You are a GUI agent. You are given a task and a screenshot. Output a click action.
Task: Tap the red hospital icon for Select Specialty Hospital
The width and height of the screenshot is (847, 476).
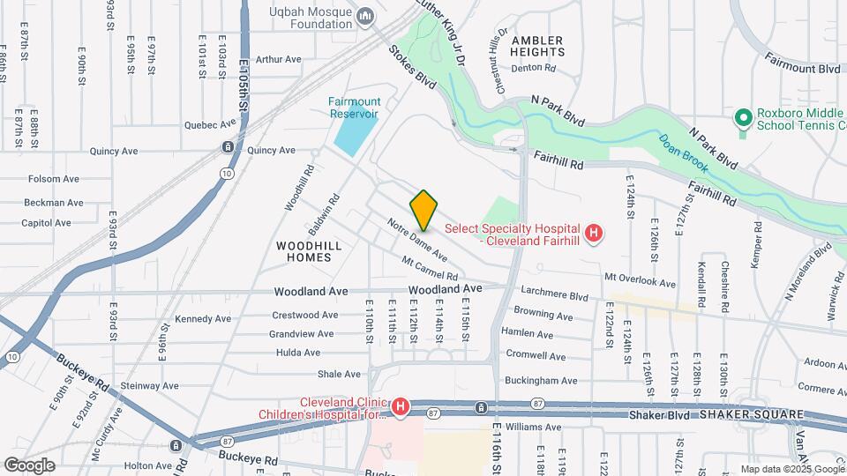tap(594, 233)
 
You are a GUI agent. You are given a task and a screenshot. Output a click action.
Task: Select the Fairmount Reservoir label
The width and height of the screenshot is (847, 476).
tap(353, 107)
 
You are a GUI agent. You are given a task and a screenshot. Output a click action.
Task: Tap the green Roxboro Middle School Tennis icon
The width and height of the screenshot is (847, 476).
tap(743, 115)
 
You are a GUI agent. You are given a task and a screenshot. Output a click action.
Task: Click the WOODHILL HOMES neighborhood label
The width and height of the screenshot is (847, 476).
tap(303, 250)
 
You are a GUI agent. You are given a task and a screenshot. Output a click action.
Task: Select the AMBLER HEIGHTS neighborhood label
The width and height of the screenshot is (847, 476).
tap(536, 47)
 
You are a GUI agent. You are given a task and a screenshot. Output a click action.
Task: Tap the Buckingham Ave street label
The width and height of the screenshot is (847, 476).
tap(545, 381)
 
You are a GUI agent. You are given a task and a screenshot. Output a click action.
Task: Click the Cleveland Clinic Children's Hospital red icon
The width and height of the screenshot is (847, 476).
tap(401, 406)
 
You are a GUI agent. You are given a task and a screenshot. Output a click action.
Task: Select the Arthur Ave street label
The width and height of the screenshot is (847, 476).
tap(279, 60)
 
